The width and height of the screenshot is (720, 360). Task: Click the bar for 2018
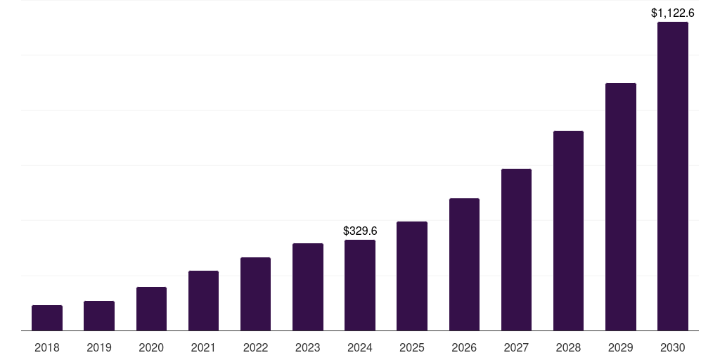coord(47,318)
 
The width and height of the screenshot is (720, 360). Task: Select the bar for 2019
coord(99,316)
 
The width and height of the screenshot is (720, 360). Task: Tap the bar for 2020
coord(151,309)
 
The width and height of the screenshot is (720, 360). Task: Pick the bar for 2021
coord(203,300)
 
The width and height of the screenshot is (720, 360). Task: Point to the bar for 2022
coord(255,294)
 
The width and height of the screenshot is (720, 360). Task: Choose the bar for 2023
coord(308,287)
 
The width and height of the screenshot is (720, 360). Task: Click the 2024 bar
coord(360,285)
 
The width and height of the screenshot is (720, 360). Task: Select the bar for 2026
coord(464,264)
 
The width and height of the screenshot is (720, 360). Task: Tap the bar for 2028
coord(568,231)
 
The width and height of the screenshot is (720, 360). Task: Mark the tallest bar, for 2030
coord(673,176)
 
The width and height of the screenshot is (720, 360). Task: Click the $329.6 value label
coord(360,231)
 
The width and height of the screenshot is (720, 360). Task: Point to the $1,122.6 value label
coord(673,13)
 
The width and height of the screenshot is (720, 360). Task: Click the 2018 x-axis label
coord(47,347)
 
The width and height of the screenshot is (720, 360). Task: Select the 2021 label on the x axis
coord(203,347)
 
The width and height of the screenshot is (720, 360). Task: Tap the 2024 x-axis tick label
coord(360,347)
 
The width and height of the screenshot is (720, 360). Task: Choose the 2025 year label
coord(412,347)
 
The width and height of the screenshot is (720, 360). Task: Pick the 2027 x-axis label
coord(516,347)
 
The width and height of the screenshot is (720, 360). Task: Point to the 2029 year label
coord(621,347)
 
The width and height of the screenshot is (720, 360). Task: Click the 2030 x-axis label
coord(673,347)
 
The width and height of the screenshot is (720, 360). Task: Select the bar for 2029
coord(621,207)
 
